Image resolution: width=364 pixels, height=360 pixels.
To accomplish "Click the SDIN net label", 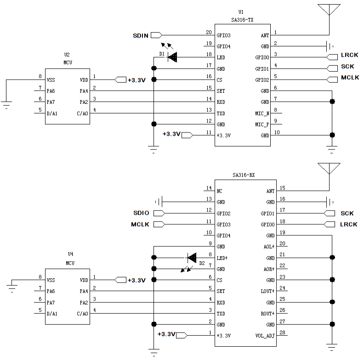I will [140, 35].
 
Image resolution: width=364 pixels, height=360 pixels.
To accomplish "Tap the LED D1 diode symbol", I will [172, 57].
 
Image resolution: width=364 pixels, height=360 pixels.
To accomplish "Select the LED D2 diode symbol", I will [191, 257].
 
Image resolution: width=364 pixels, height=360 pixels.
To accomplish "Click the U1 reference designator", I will [241, 11].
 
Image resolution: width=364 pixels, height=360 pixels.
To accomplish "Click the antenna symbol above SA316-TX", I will [329, 10].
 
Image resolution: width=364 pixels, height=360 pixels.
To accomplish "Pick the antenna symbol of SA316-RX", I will [329, 168].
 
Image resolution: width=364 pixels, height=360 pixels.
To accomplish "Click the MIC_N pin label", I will [262, 113].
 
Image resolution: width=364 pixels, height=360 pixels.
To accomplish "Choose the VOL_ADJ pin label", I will [265, 336].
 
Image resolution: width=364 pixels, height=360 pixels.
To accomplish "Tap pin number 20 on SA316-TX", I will [209, 32].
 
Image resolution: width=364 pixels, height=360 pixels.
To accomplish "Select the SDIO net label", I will [141, 213].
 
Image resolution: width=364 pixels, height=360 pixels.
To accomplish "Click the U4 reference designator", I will [70, 254].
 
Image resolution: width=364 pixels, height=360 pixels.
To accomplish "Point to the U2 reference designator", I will [67, 55].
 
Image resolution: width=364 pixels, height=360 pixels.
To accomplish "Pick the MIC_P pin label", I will [262, 124].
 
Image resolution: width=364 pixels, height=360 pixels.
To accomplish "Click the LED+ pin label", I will [223, 257].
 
